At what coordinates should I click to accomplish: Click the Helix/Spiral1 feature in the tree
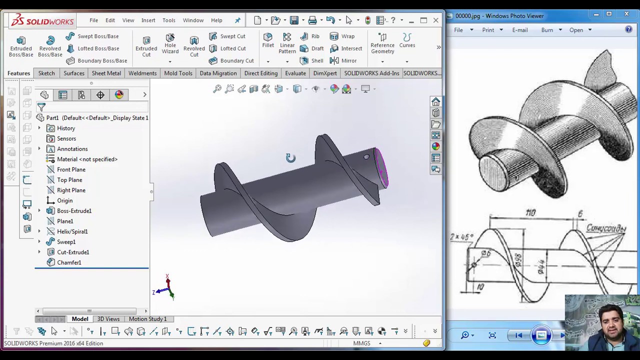72,231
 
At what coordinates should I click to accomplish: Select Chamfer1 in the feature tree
68,262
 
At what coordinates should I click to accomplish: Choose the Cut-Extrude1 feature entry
72,252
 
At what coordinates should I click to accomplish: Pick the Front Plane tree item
71,169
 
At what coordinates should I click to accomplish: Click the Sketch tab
46,73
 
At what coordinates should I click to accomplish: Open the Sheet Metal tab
106,73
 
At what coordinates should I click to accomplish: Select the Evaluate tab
295,73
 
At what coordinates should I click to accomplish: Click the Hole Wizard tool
170,43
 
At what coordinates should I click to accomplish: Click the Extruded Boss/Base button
21,46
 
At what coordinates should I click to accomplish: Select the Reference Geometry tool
382,43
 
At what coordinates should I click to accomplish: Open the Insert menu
148,20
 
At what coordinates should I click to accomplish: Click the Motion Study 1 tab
147,319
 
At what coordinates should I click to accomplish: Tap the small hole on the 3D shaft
366,157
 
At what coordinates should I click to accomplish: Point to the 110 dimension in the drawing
530,213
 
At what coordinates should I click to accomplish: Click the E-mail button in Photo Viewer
519,30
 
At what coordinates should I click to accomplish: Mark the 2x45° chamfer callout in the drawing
461,236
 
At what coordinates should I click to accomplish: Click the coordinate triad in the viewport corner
167,288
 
